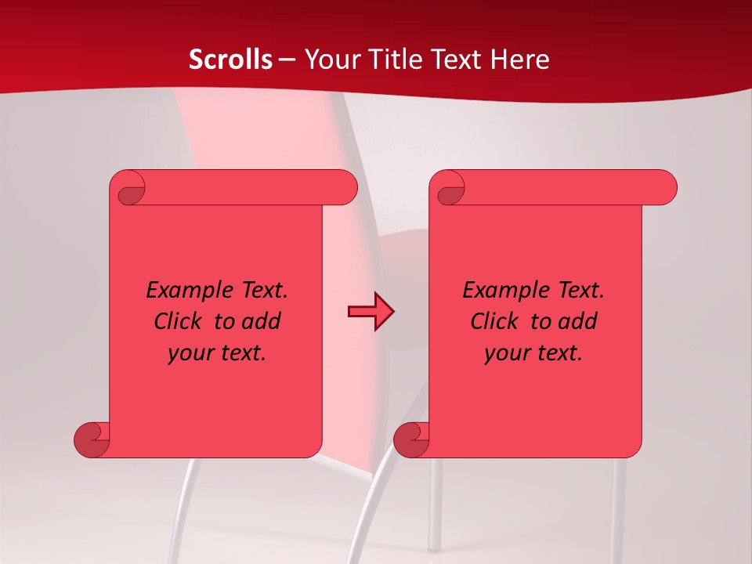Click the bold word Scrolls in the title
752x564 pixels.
(x=230, y=60)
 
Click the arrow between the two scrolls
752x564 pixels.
(x=371, y=312)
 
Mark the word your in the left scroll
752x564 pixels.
(x=190, y=353)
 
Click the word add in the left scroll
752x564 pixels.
(x=262, y=321)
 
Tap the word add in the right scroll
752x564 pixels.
(x=578, y=321)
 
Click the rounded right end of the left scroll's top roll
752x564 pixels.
(x=345, y=188)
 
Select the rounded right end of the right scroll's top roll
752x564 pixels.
(x=664, y=188)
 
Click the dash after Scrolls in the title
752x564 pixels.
(x=287, y=60)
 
